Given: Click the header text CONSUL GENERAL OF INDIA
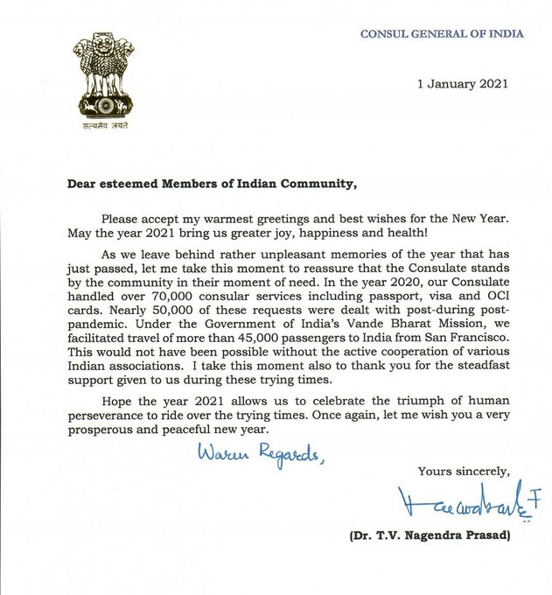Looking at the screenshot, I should tap(443, 34).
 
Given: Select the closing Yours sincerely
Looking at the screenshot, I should tap(465, 472).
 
